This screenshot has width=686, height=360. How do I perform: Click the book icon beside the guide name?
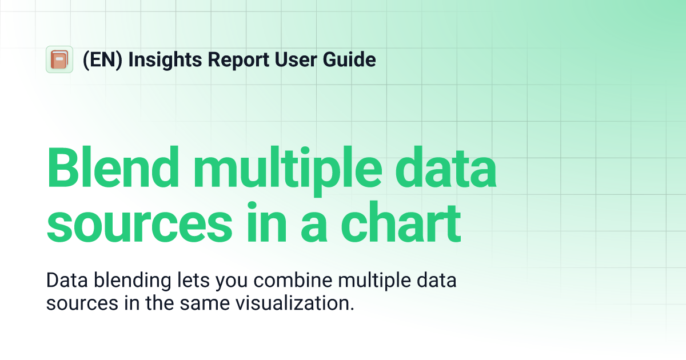pyautogui.click(x=59, y=59)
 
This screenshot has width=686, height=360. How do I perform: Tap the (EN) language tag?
pyautogui.click(x=102, y=59)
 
